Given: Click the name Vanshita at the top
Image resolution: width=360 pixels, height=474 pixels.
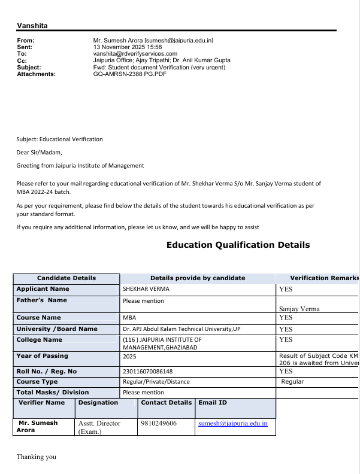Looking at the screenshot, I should tap(32, 26).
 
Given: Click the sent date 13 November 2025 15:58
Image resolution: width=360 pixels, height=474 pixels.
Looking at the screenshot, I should tap(128, 47).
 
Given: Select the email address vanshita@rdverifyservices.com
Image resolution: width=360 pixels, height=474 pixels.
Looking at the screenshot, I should tap(135, 54).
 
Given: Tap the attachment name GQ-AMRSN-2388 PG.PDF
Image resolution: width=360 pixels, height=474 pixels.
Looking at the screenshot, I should tap(130, 74).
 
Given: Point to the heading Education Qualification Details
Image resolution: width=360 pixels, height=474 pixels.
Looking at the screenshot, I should tap(238, 245).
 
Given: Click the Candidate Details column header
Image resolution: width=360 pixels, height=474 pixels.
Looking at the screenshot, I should tap(66, 278).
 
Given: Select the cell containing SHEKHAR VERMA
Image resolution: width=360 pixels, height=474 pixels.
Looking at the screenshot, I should tap(146, 289).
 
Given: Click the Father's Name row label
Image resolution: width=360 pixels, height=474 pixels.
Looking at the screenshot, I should tap(42, 300).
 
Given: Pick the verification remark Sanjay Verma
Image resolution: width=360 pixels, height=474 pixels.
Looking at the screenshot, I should tap(300, 309).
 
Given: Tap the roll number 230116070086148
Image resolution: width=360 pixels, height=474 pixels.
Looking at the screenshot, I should tap(147, 371).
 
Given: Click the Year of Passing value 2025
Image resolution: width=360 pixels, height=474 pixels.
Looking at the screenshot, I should tap(129, 356).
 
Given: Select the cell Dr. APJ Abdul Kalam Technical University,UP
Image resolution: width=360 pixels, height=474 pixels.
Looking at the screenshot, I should tap(181, 329).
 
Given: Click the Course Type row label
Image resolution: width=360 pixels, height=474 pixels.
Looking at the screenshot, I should tap(37, 382).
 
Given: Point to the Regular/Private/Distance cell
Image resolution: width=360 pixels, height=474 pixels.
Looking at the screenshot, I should tap(156, 382).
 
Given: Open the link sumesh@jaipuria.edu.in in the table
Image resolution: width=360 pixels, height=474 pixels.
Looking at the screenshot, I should tap(233, 423).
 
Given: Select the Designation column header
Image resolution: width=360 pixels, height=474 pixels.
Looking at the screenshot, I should tap(98, 403).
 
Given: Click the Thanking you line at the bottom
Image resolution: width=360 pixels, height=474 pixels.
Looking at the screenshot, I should tap(36, 457).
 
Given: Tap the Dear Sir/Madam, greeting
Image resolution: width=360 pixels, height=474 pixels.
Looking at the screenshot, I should tap(39, 153).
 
